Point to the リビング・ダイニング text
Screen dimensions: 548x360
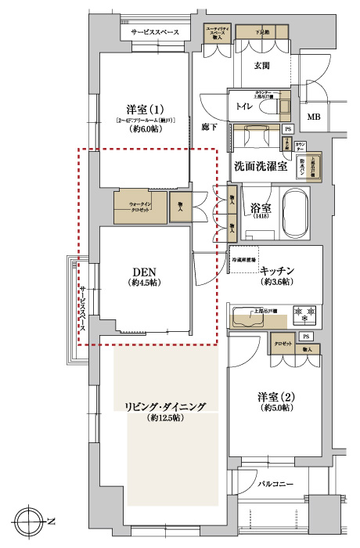(164, 406)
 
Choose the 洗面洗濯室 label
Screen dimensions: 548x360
(259, 166)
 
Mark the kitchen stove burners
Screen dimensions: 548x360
(304, 313)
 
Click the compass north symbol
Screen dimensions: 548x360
(31, 521)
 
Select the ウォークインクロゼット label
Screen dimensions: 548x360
(141, 207)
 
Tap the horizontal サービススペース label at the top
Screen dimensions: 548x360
(155, 32)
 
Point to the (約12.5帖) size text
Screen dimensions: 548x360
(164, 419)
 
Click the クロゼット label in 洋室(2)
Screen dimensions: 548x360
(283, 344)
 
